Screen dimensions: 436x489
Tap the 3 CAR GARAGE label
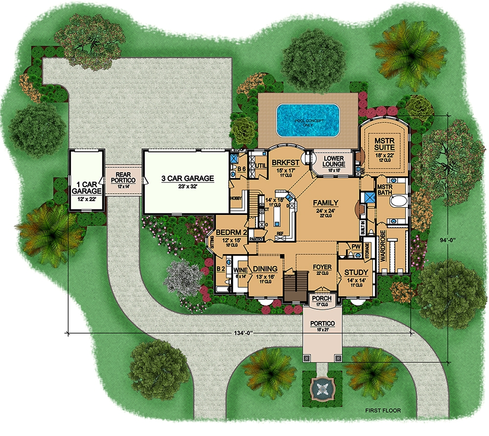click(187, 179)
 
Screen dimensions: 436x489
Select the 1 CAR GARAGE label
click(86, 187)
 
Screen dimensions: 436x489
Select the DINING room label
click(265, 269)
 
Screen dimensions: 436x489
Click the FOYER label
click(322, 267)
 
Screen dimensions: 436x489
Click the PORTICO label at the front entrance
click(322, 324)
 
